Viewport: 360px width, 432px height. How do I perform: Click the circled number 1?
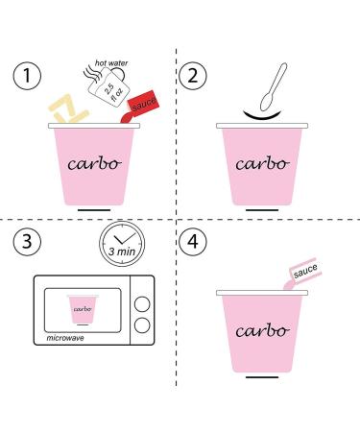(x=27, y=76)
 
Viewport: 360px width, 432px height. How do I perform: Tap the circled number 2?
(x=193, y=76)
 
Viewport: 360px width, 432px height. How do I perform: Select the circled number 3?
(x=27, y=241)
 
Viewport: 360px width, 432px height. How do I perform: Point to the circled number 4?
(x=193, y=241)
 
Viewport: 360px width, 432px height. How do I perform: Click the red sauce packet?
(x=143, y=104)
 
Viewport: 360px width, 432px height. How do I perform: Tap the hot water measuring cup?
(x=108, y=85)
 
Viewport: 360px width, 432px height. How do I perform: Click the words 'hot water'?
(x=111, y=63)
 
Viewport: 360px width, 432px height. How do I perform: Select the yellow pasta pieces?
(x=68, y=108)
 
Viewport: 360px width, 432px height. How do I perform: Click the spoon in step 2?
(x=274, y=87)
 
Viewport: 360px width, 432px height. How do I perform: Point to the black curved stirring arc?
(x=262, y=116)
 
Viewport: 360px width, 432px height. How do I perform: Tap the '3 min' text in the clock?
(x=122, y=252)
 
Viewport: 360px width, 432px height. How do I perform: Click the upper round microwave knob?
(x=142, y=304)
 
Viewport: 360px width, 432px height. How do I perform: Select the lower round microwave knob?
(x=142, y=325)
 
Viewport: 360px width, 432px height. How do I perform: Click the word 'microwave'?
(x=65, y=338)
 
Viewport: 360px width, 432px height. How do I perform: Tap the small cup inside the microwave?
(x=83, y=309)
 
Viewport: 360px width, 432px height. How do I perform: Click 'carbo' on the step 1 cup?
(x=94, y=164)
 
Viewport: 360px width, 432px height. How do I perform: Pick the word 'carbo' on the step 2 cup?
(x=262, y=164)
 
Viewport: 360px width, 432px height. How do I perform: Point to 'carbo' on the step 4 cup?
(x=262, y=331)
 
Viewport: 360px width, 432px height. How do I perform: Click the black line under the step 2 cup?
(x=262, y=210)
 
